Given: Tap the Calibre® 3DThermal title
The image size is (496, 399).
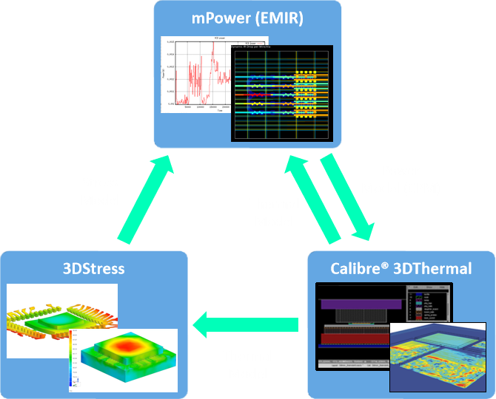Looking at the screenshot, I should (x=401, y=267).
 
